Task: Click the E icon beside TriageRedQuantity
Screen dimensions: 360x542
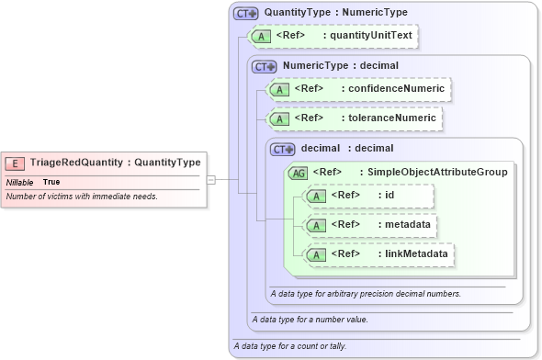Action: tap(15, 163)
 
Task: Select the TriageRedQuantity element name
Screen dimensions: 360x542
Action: tap(76, 163)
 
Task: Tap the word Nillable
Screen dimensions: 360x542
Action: tap(20, 182)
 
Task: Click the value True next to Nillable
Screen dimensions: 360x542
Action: tap(51, 182)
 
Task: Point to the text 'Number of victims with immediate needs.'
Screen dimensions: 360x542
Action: tap(82, 197)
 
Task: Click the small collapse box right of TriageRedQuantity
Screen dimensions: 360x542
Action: tap(210, 180)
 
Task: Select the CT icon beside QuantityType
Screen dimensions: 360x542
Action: tap(245, 13)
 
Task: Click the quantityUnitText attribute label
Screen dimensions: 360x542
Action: tap(372, 36)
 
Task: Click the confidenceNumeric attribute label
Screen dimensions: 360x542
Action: tap(392, 89)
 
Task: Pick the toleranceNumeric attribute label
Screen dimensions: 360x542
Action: tap(390, 118)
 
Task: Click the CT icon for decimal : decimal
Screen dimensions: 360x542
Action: tap(282, 148)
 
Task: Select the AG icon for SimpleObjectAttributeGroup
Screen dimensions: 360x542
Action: tap(299, 172)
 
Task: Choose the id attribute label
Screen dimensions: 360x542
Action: tap(390, 196)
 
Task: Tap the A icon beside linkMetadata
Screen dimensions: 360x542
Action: tap(315, 253)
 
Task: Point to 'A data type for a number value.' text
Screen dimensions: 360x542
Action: tap(310, 319)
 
